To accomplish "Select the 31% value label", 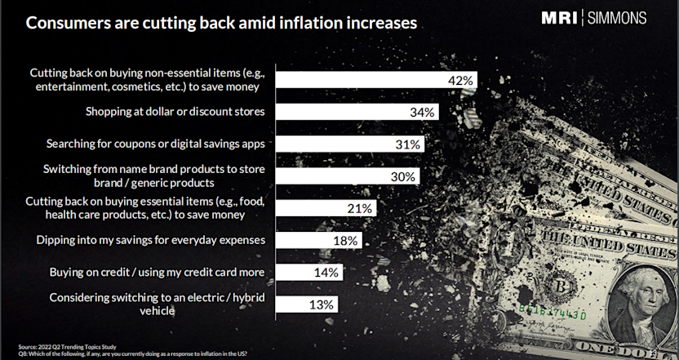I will click(x=408, y=144).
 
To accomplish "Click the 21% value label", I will click(x=360, y=208).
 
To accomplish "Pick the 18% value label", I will click(x=345, y=240).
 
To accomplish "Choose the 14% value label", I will click(x=326, y=272).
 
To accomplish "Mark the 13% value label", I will click(x=322, y=304).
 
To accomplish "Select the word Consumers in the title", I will click(x=69, y=22).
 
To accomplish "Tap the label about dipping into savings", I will click(x=152, y=240).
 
